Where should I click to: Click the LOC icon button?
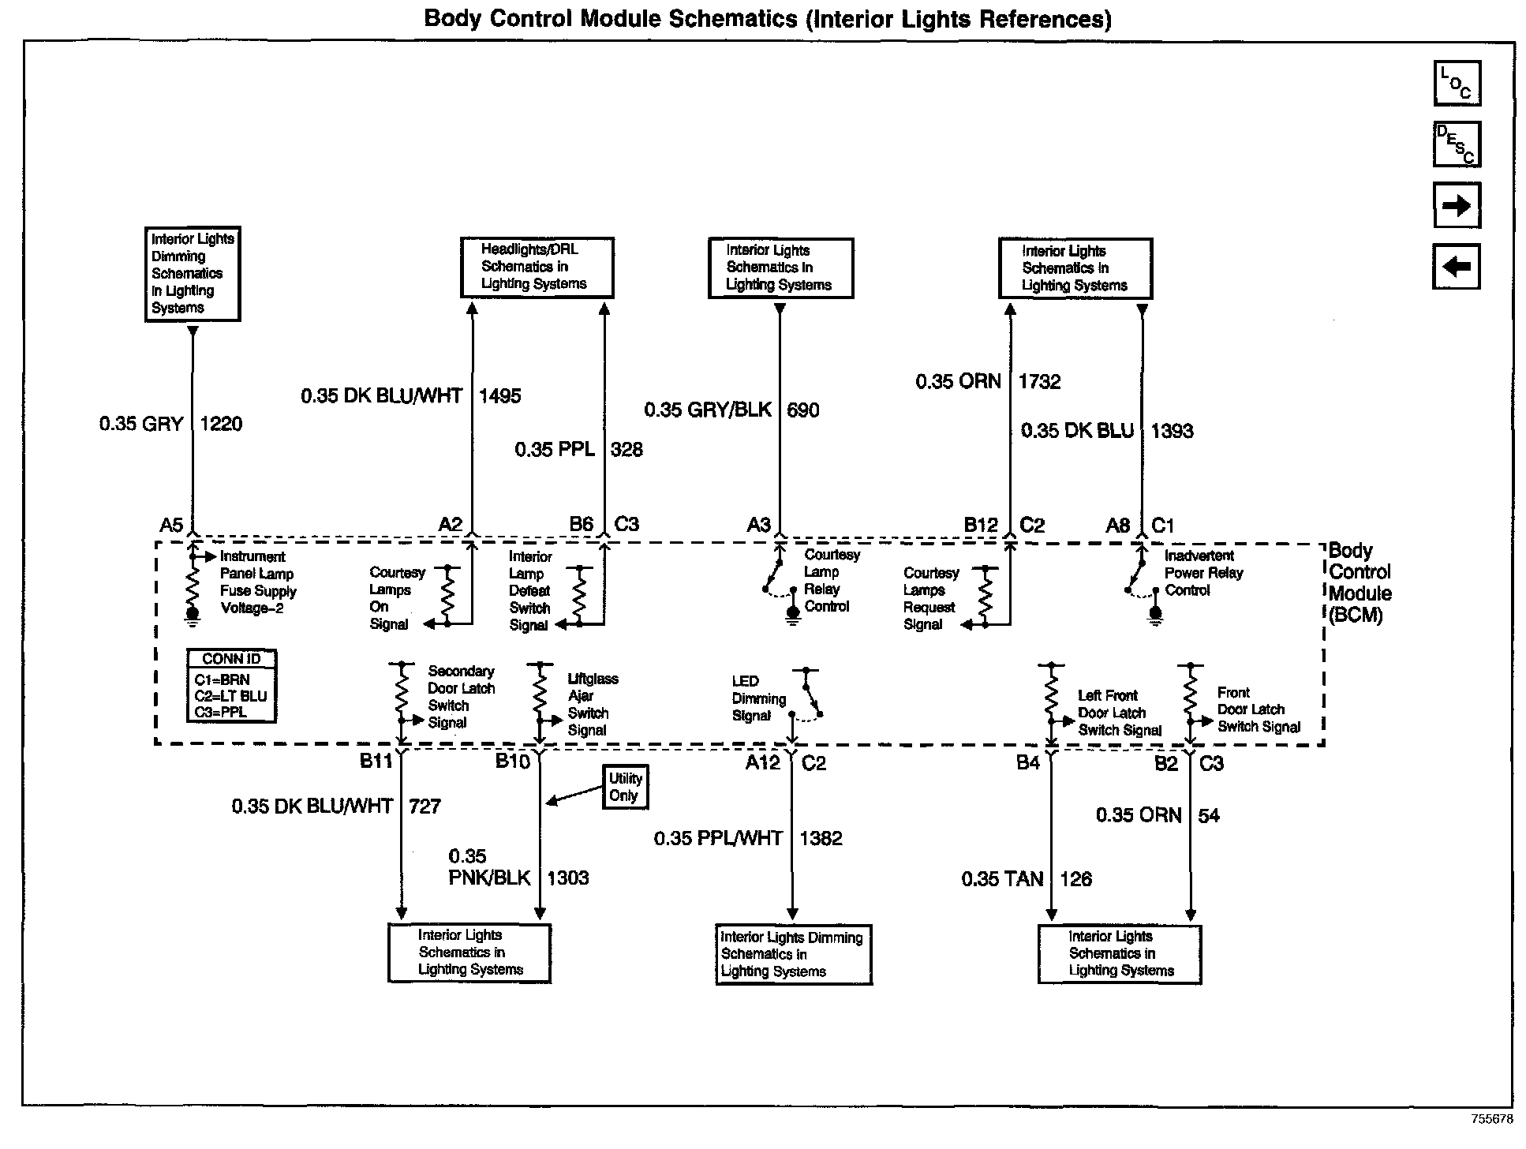pyautogui.click(x=1457, y=83)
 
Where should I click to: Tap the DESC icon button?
pyautogui.click(x=1457, y=144)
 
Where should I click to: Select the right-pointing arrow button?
pyautogui.click(x=1457, y=205)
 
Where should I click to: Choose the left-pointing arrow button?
pyautogui.click(x=1456, y=267)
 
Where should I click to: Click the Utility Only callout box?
pyautogui.click(x=625, y=787)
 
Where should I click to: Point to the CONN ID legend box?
pyautogui.click(x=231, y=686)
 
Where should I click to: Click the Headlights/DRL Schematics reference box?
pyautogui.click(x=537, y=267)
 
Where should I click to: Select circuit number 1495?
pyautogui.click(x=499, y=395)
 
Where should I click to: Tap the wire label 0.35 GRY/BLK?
pyautogui.click(x=708, y=410)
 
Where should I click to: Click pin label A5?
pyautogui.click(x=171, y=525)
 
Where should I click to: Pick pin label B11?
pyautogui.click(x=376, y=761)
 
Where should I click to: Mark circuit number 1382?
pyautogui.click(x=821, y=838)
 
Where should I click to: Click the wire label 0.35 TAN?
pyautogui.click(x=1002, y=878)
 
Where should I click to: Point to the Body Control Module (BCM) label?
pyautogui.click(x=1359, y=582)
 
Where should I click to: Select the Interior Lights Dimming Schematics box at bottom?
pyautogui.click(x=793, y=954)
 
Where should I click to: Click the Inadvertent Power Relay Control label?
pyautogui.click(x=1203, y=573)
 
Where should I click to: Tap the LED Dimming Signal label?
pyautogui.click(x=758, y=698)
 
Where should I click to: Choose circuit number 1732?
pyautogui.click(x=1039, y=381)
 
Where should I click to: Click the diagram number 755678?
pyautogui.click(x=1491, y=1119)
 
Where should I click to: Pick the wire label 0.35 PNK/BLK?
pyautogui.click(x=489, y=868)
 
